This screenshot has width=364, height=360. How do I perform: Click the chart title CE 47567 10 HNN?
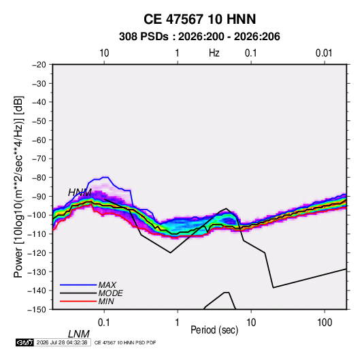199,19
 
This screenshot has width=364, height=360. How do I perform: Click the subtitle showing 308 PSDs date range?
199,37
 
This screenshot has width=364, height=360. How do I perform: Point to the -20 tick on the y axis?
39,65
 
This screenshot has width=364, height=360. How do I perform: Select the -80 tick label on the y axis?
39,178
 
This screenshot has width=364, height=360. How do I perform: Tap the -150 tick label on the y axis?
37,310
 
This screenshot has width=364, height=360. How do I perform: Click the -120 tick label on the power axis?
37,253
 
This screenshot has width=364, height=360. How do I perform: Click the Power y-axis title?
18,187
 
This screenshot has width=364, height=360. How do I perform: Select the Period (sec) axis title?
214,330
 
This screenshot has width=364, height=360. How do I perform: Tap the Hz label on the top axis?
214,53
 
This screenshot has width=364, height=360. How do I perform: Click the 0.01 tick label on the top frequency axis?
324,53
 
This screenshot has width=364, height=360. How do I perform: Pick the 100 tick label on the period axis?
325,323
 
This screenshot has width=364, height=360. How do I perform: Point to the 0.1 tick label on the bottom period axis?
104,323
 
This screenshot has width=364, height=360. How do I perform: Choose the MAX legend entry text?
107,285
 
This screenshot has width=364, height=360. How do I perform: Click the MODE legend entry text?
110,293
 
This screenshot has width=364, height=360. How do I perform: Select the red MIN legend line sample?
78,301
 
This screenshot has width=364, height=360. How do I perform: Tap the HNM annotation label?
80,193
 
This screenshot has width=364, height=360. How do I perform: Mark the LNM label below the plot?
79,334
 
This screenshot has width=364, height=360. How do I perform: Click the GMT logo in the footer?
25,342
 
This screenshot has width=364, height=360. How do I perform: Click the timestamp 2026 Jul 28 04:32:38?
62,342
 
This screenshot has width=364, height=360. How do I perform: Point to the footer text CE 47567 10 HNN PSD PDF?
125,342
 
